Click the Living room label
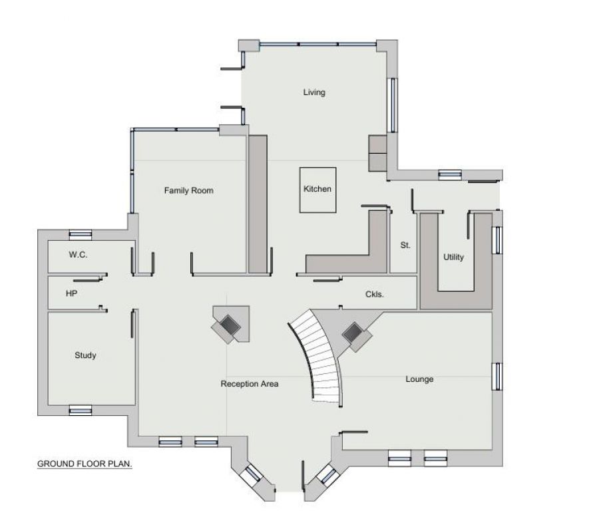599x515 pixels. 314,92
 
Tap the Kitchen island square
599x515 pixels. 317,190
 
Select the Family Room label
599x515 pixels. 189,191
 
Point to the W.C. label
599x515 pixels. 78,255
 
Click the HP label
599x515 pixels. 72,293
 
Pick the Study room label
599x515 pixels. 85,355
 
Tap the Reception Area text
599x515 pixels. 250,384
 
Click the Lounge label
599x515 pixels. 419,379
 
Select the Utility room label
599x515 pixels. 454,257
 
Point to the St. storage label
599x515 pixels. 405,246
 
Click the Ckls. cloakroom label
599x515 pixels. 375,294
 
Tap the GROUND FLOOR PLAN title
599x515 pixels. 85,464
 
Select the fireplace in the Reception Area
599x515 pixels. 230,324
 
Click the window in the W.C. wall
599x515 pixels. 81,234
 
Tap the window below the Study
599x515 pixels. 81,411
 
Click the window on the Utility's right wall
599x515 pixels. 497,240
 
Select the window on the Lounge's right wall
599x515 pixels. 496,376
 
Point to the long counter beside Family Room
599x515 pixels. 258,204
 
